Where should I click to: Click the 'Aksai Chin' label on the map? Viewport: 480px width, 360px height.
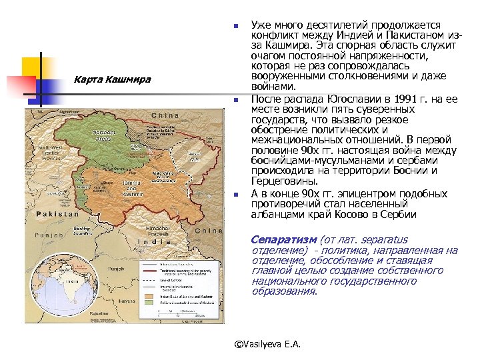195,157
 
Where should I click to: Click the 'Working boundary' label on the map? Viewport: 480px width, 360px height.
84,231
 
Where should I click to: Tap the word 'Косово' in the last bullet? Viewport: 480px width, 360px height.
351,214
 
